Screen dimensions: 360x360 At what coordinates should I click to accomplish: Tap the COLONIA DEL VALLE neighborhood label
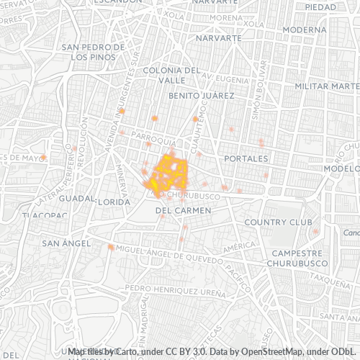point(171,75)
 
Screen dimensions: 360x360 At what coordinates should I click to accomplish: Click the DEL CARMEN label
point(183,210)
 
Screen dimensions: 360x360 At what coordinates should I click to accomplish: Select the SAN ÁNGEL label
point(66,243)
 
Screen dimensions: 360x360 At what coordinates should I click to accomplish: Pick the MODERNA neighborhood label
point(305,30)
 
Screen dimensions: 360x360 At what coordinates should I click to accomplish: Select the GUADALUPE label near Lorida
point(78,198)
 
